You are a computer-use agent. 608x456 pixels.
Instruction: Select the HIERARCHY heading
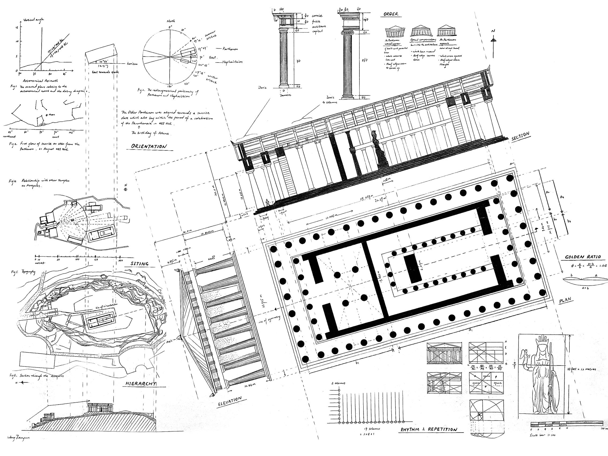point(140,384)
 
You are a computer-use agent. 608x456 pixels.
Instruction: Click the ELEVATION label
point(230,402)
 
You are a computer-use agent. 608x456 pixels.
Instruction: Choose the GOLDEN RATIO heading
point(583,257)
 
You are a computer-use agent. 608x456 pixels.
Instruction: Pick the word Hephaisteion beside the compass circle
point(232,62)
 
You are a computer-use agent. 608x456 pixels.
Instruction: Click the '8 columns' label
point(338,383)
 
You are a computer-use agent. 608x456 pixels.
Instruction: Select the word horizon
point(132,63)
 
